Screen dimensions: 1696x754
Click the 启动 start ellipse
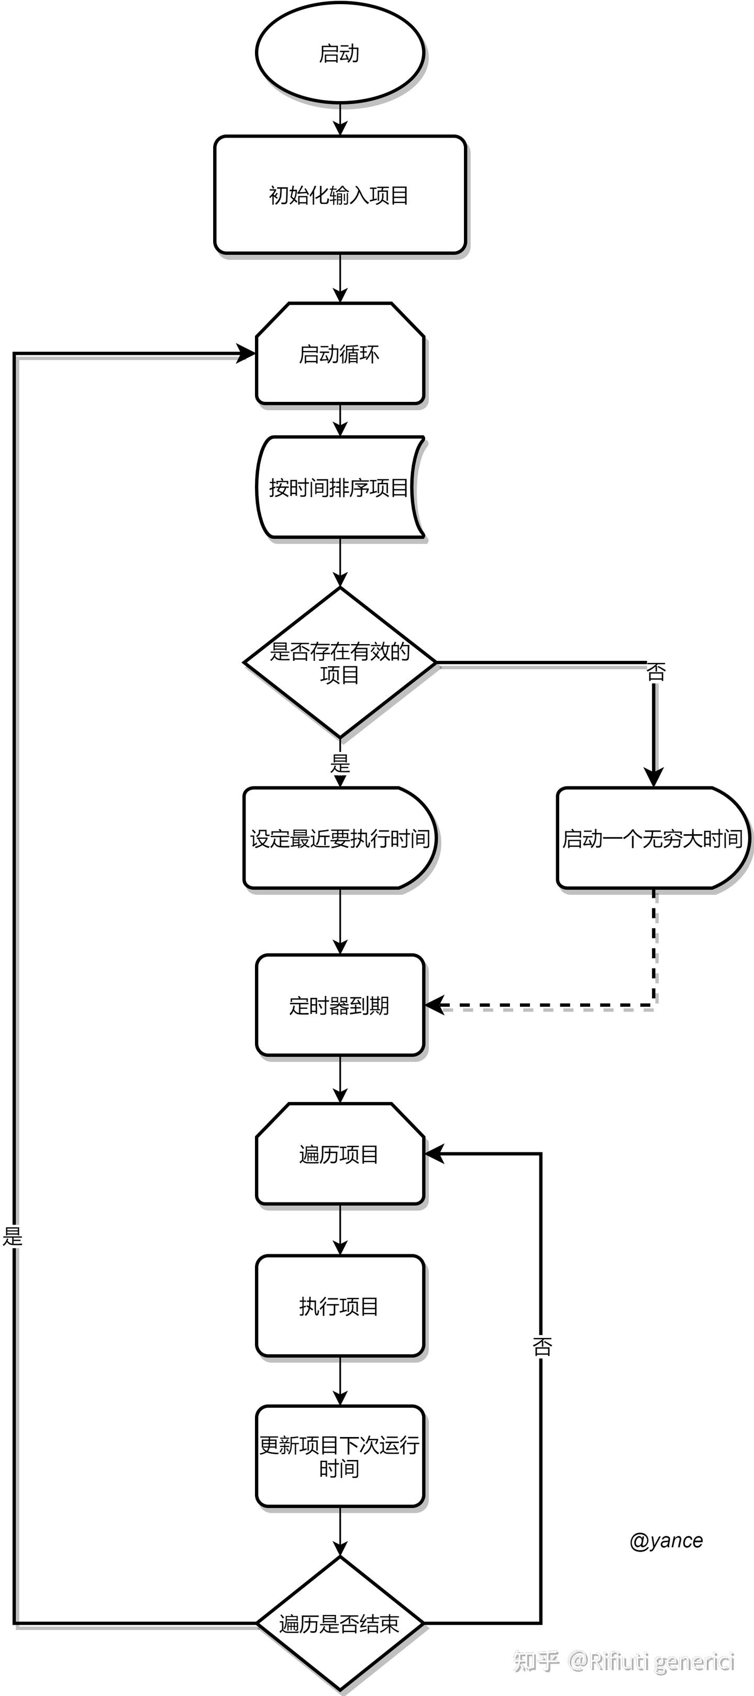tap(339, 53)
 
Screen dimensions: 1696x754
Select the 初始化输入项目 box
tap(339, 195)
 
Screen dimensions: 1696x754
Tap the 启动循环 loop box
tap(339, 354)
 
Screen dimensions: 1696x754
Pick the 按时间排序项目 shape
tap(339, 488)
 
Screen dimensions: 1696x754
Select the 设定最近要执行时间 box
tap(339, 838)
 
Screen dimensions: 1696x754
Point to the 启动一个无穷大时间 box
tap(652, 838)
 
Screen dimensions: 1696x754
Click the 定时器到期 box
tap(339, 1005)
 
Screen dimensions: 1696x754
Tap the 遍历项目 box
tap(339, 1154)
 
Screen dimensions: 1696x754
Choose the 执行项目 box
tap(339, 1306)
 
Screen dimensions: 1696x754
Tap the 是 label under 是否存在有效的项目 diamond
tap(340, 763)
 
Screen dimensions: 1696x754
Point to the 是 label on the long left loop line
tap(13, 1236)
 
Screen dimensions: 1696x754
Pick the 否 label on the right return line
tap(541, 1347)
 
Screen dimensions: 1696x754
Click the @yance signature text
tap(666, 1541)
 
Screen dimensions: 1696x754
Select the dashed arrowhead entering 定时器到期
tap(435, 1005)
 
